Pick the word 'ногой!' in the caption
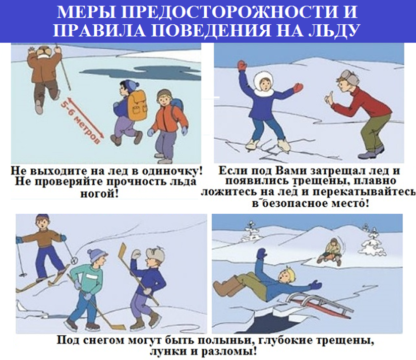99,194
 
